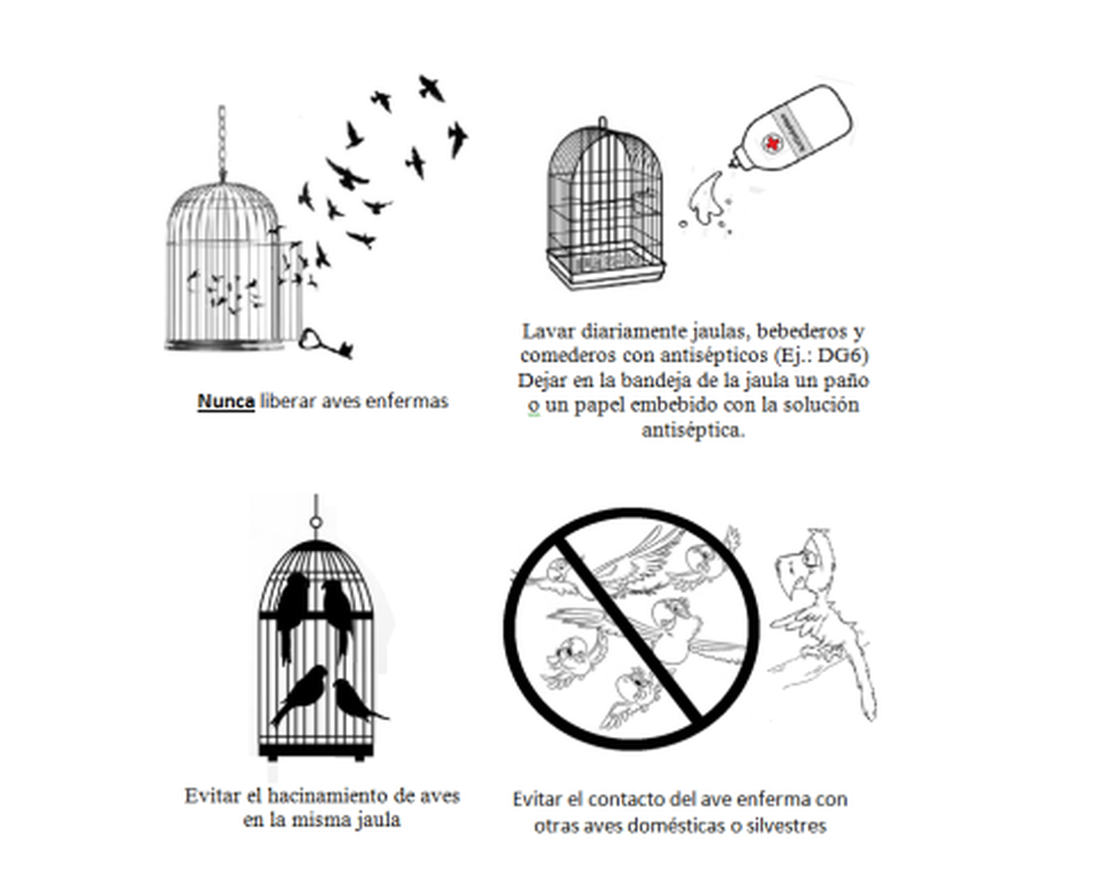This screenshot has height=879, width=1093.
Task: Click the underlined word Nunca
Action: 225,401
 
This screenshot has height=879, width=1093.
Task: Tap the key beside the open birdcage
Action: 325,343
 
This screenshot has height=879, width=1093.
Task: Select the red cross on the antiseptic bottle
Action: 773,144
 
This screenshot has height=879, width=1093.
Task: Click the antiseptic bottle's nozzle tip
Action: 734,165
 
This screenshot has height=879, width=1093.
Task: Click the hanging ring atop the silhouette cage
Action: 315,523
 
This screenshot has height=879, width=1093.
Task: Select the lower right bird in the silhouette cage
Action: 355,699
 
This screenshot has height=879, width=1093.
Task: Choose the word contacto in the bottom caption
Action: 624,800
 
